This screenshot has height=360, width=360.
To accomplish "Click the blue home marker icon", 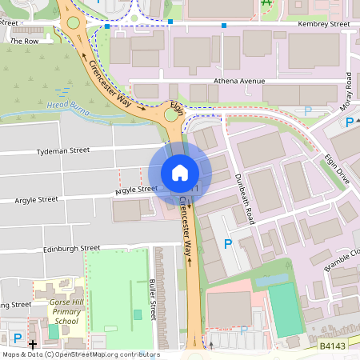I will pos(180,173).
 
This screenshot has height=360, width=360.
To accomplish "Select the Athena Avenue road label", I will pos(239,82).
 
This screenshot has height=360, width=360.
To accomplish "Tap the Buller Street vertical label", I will pos(151,298).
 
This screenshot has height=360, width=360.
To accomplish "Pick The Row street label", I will pos(25,41).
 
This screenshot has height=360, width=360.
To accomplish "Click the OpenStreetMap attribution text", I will pos(80,354).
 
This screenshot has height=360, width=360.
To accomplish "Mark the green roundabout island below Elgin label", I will pos(170,115).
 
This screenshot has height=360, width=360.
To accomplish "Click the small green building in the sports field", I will pos(137,314).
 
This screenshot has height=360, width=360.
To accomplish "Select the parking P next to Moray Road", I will pos(349,122).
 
